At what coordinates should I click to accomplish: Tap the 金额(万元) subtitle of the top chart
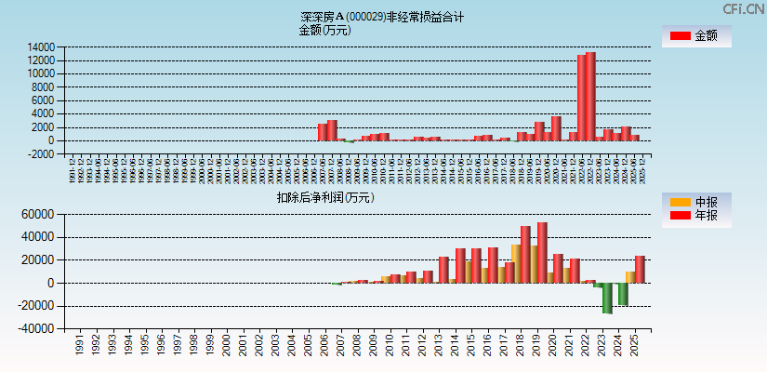pos(324,30)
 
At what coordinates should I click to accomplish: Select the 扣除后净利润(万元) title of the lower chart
pos(325,197)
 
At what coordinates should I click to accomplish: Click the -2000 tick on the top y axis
pos(42,154)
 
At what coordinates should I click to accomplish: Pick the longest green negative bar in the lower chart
pos(607,298)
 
